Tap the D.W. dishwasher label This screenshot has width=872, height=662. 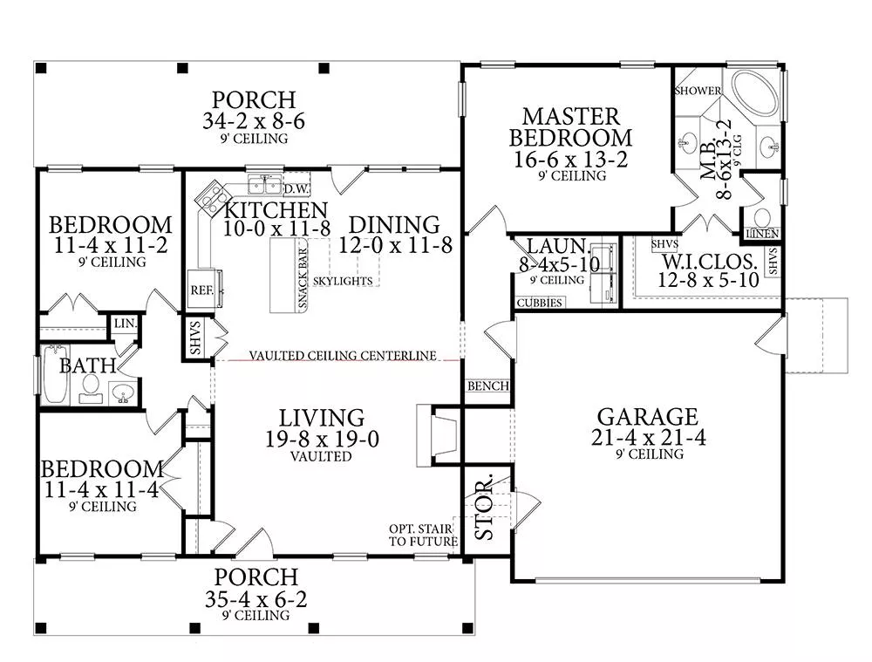tap(296, 188)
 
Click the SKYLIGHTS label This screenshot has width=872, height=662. tap(344, 281)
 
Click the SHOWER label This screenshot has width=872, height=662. tap(698, 91)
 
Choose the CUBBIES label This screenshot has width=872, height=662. tap(539, 303)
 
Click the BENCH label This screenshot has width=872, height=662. tap(487, 386)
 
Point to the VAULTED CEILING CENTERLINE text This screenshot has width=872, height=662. tap(342, 356)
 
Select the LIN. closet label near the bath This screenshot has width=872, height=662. tap(124, 323)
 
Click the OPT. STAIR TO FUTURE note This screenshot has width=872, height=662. tap(423, 535)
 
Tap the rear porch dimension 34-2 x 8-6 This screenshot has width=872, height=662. tap(254, 122)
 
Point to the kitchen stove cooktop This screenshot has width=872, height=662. tap(210, 198)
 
